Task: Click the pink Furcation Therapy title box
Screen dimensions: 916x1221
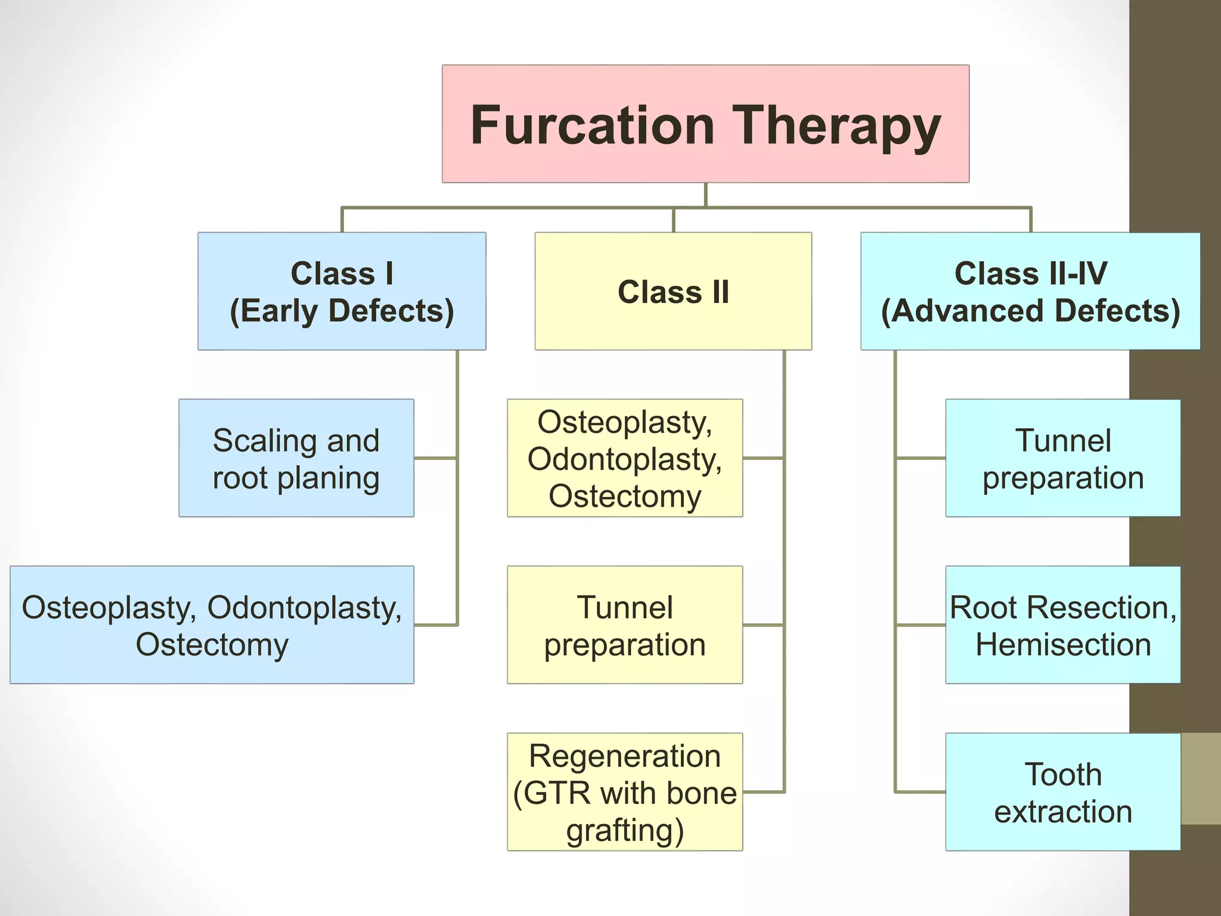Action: (x=705, y=123)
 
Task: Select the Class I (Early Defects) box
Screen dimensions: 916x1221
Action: (x=342, y=291)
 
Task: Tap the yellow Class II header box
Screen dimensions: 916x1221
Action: (x=673, y=291)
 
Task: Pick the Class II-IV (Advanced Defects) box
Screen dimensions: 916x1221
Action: (x=1030, y=291)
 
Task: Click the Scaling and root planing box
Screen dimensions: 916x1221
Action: (x=296, y=458)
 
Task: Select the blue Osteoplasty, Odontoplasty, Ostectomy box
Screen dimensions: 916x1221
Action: (x=212, y=625)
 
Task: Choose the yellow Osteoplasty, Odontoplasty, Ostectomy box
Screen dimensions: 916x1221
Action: (x=625, y=458)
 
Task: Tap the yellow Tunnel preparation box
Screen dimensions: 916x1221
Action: (x=625, y=625)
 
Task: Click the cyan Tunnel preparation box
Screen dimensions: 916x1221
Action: (x=1062, y=458)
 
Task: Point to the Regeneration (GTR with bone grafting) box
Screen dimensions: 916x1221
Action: (x=625, y=792)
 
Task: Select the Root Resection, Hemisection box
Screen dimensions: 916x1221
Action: (x=1062, y=625)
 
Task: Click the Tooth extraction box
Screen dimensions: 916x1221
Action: (x=1062, y=792)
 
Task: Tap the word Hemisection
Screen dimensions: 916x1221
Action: (x=1063, y=645)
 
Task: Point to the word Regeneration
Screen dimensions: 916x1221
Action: (x=625, y=756)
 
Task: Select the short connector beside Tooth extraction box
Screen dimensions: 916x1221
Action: (x=920, y=792)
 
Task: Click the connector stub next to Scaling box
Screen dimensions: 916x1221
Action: (x=435, y=458)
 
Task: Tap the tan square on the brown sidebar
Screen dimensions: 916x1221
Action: (x=1200, y=779)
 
